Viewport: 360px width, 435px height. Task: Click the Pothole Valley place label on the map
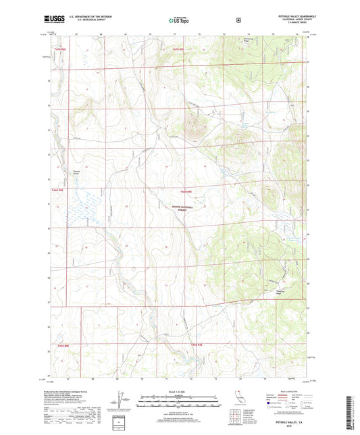pos(80,172)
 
